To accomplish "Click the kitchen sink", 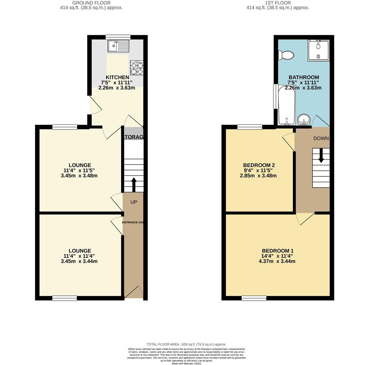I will point(118,46).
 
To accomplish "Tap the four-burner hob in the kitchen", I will point(137,68).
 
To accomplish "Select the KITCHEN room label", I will point(117,77).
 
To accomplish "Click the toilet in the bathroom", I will point(286,55).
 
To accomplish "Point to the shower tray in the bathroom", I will point(318,51).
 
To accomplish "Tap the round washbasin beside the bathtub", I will point(304,119).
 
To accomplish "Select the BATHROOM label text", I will point(303,77).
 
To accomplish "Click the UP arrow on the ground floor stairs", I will point(134,185).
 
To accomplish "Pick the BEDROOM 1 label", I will point(277,251).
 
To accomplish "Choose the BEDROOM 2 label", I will point(259,165).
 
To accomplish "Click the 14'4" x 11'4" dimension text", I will point(277,256).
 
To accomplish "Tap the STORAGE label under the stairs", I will point(134,137).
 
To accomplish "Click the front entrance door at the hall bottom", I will point(134,293).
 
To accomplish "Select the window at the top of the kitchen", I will point(118,37).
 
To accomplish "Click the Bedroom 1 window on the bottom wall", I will point(254,298).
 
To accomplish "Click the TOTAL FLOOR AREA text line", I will point(186,344).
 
